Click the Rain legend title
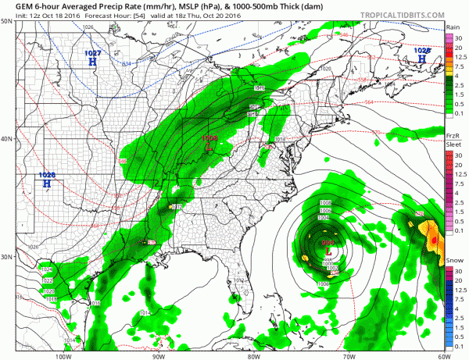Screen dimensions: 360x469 tap(452, 26)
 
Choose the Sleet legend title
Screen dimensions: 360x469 tap(451, 144)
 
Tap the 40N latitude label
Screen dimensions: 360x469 tap(7, 139)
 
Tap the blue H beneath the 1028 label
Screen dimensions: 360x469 tap(423, 58)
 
